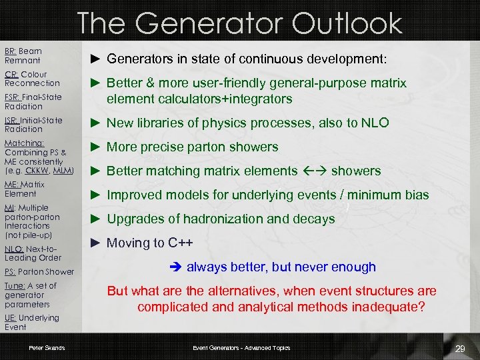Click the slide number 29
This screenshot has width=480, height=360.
tap(459, 349)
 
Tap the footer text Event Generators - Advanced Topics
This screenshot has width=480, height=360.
tap(241, 348)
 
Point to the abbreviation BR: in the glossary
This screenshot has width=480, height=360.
tap(11, 51)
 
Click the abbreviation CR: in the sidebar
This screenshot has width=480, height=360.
tap(11, 75)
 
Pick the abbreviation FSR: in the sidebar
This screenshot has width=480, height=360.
tap(12, 97)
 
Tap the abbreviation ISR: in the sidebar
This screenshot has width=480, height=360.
tap(12, 121)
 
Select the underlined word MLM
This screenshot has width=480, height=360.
tap(62, 171)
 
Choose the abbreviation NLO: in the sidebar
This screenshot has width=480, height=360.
tap(14, 249)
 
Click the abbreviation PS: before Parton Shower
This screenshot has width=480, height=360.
tap(10, 272)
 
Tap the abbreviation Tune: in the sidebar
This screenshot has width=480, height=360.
tap(15, 286)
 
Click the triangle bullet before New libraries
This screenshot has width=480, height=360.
tap(95, 123)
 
